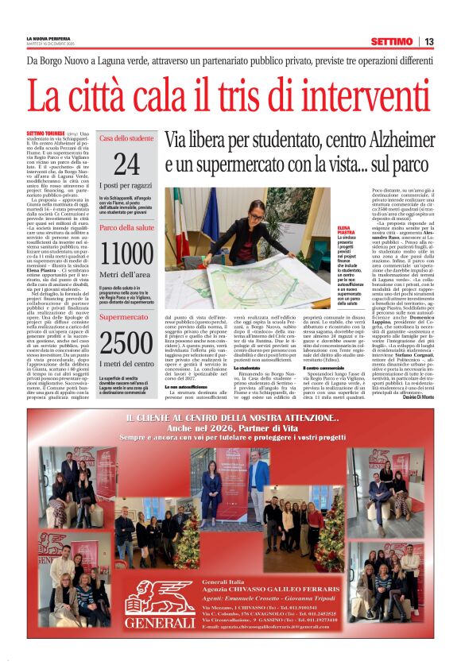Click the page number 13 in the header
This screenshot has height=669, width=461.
tap(428, 41)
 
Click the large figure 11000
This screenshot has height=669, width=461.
tap(126, 253)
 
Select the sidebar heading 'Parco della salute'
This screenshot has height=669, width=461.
tap(126, 229)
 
